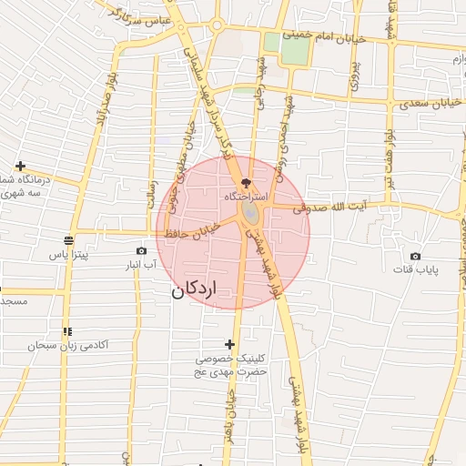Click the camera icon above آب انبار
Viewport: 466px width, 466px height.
[x=141, y=250]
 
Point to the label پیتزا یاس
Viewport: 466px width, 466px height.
[x=69, y=255]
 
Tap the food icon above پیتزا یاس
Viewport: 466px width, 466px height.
[x=69, y=240]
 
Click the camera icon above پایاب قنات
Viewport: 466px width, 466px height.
[x=415, y=256]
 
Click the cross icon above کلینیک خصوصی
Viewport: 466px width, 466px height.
[x=229, y=344]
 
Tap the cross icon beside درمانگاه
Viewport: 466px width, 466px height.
[x=20, y=166]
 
